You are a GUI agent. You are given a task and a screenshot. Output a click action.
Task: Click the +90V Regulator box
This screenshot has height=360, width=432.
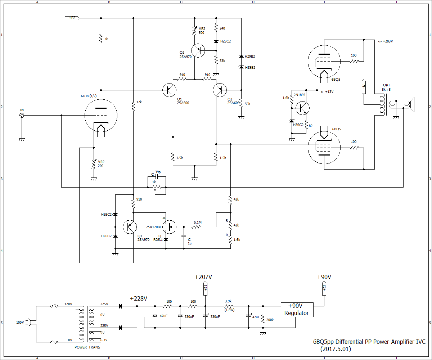point(297,309)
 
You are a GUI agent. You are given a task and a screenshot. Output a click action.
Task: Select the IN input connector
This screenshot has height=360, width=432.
point(22,116)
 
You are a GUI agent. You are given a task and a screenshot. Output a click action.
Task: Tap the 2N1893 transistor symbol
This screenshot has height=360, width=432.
point(302,108)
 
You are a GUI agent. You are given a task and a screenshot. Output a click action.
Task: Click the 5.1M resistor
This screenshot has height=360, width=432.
point(196,227)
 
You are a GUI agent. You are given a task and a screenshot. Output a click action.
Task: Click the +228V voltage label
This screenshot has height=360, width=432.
point(139,299)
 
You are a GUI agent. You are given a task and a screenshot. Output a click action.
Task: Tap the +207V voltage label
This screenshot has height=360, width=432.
point(203,277)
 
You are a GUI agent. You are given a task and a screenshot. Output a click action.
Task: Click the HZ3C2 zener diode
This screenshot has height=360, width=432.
point(216,42)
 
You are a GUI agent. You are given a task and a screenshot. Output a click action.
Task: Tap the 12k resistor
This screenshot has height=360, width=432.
point(133,107)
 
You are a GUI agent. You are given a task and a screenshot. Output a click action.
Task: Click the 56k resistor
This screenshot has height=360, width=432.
point(241,103)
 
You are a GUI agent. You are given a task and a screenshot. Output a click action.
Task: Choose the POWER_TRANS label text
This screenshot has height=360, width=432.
point(87,347)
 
